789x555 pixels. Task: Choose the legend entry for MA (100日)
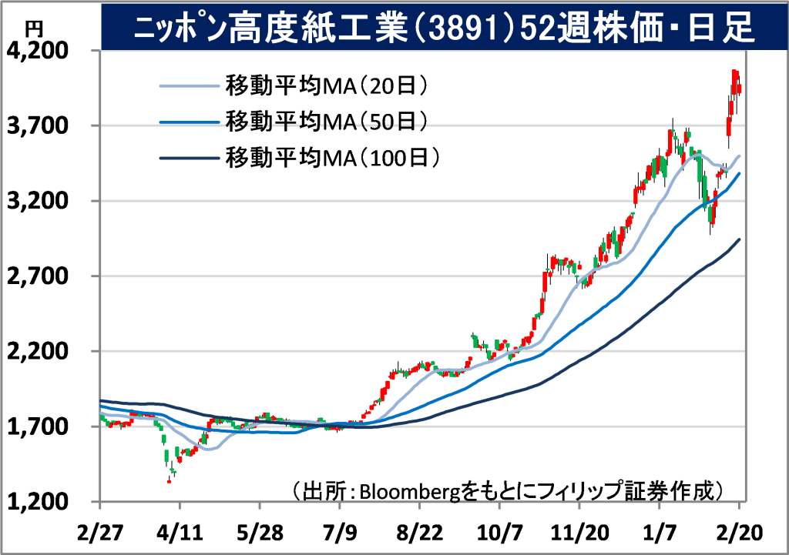tap(332, 158)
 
